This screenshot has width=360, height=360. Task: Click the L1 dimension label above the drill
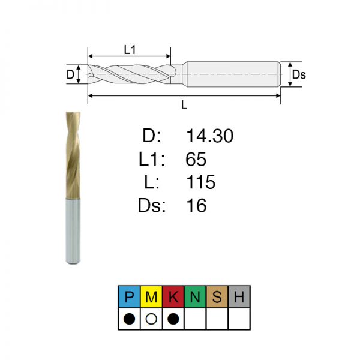[130, 50]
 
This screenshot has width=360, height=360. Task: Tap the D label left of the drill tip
[70, 74]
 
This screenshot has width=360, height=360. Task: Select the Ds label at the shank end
[299, 74]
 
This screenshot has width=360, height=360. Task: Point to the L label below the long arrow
[184, 104]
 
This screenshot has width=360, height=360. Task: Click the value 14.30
[210, 136]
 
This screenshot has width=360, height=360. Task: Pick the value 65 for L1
[196, 159]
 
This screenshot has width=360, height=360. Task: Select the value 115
[201, 182]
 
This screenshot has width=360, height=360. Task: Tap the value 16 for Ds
[197, 205]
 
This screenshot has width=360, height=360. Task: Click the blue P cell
[129, 296]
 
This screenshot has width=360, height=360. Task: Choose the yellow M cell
[151, 296]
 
